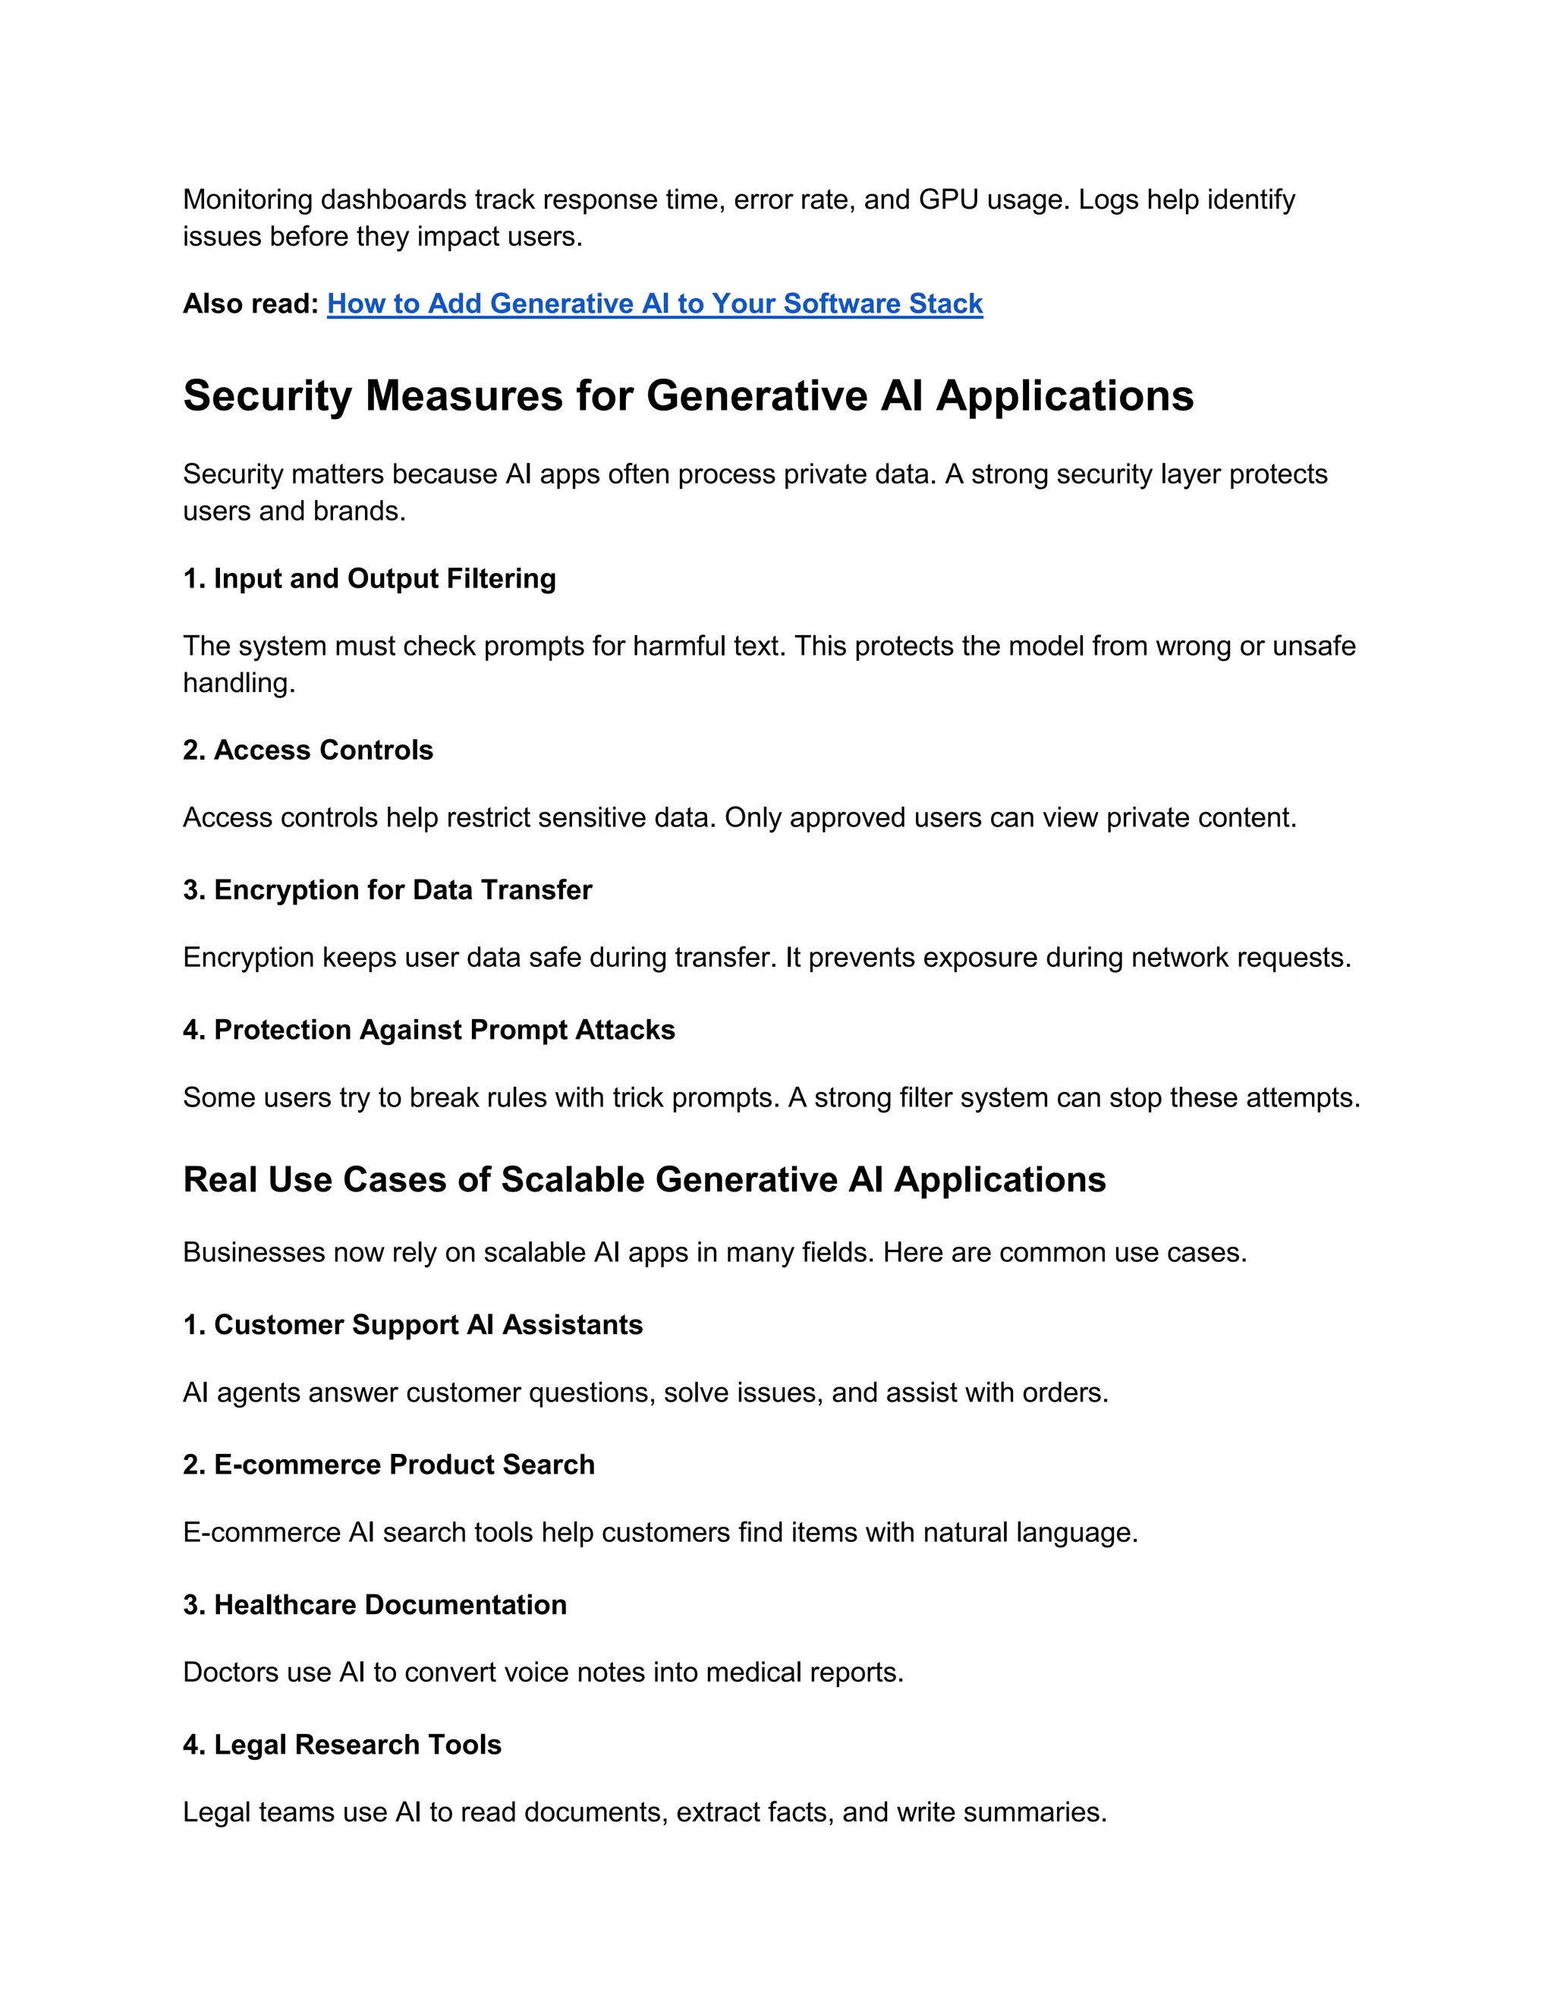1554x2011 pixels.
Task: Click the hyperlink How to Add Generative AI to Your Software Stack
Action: (x=655, y=304)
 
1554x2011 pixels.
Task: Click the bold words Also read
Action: (x=250, y=304)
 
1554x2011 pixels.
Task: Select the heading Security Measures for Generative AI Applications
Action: (x=687, y=396)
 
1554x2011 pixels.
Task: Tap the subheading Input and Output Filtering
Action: (x=370, y=578)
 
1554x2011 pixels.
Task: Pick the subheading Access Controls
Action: (x=307, y=750)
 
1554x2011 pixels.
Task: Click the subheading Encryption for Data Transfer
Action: (x=387, y=889)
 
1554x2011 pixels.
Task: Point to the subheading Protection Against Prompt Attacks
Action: (x=428, y=1030)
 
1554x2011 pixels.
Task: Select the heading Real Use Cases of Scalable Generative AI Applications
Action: (x=643, y=1179)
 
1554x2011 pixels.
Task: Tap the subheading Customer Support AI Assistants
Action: (x=413, y=1324)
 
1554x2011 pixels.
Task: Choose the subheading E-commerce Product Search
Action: (x=388, y=1464)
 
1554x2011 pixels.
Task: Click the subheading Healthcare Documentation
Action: (x=375, y=1604)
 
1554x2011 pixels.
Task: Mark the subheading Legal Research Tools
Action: (x=341, y=1744)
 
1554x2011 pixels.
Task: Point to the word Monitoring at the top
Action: (x=247, y=199)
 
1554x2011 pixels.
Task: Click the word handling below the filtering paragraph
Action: (x=238, y=683)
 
